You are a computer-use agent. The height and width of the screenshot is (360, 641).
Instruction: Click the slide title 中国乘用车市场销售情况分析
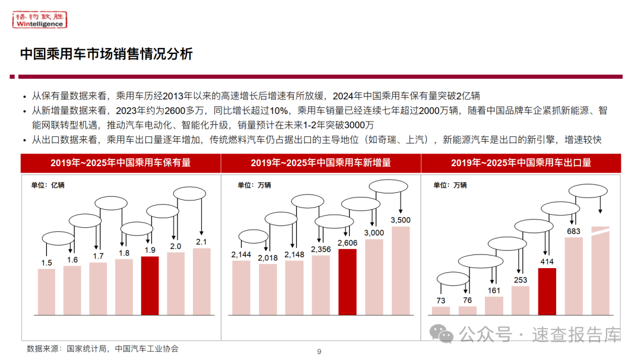(106, 54)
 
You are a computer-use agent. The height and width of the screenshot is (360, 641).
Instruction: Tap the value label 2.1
(202, 241)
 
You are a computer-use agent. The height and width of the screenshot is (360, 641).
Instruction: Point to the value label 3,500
(401, 221)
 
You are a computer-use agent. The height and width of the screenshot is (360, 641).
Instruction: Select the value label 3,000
(374, 232)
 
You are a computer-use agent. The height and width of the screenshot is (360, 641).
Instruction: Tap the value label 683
(573, 231)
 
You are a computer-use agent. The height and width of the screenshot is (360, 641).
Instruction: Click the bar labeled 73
(441, 310)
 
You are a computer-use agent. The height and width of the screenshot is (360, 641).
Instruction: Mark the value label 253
(521, 280)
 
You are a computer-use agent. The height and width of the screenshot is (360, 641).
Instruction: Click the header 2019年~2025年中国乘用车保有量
(120, 163)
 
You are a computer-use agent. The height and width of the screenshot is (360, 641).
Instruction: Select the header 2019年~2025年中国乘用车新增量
(320, 163)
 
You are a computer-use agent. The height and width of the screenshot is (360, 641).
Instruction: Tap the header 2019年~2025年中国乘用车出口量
(521, 163)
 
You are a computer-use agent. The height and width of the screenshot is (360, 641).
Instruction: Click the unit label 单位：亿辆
(48, 184)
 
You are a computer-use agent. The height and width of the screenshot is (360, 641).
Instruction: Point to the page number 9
(319, 352)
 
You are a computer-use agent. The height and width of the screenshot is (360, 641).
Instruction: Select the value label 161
(494, 291)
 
